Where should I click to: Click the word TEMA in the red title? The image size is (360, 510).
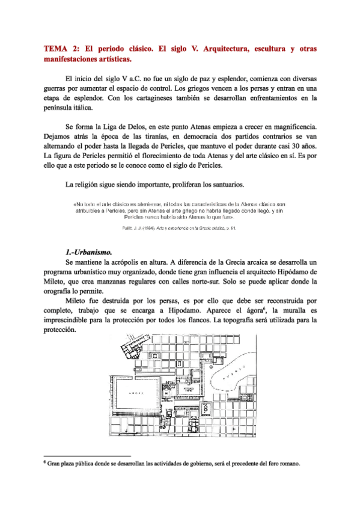point(57,48)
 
